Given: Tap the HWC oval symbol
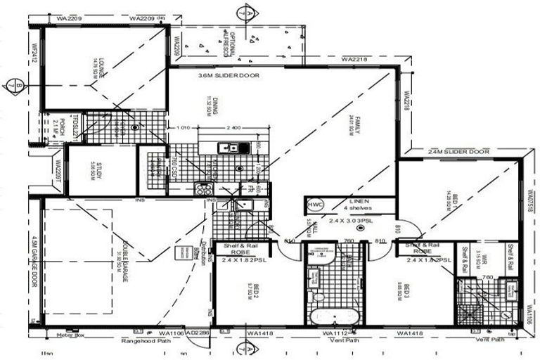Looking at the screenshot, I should point(316,205).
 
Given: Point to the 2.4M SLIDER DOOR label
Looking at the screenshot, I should point(458,151).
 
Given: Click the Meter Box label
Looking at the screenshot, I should point(70,335).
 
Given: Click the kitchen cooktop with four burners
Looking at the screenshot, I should point(203,188).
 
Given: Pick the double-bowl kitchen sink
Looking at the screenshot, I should point(229,148).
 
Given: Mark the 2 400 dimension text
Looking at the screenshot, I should point(233,128).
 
